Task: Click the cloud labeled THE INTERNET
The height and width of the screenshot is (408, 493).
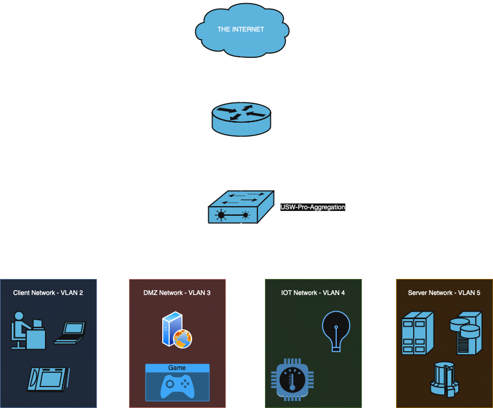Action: click(241, 30)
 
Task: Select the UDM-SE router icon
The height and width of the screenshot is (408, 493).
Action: click(241, 119)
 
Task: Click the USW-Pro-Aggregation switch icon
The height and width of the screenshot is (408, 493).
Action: click(240, 207)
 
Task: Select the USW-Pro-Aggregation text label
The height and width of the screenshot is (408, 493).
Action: click(313, 207)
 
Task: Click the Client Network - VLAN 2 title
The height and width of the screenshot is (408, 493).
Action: click(48, 293)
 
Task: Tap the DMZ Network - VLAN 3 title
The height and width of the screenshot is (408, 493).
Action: click(177, 293)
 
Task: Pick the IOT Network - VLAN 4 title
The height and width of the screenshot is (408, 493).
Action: click(313, 293)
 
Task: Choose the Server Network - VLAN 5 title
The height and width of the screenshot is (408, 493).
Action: click(444, 293)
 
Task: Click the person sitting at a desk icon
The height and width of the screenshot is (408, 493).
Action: click(27, 330)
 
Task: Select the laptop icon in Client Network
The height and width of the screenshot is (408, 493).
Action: click(70, 332)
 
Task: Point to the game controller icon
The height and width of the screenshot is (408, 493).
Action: click(177, 387)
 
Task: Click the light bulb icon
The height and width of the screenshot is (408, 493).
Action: click(336, 331)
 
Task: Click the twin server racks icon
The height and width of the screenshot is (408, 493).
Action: click(417, 333)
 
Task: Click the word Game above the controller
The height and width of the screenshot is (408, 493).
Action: click(177, 368)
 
